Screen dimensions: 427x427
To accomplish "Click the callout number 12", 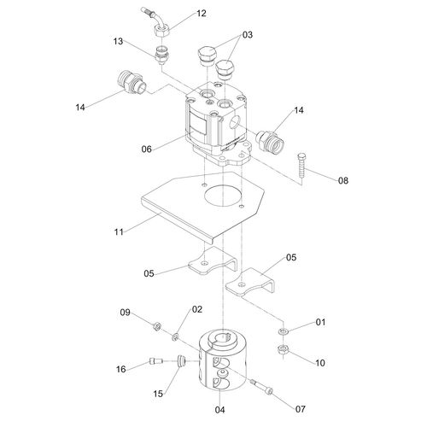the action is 202,14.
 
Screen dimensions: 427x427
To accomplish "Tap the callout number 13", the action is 118,41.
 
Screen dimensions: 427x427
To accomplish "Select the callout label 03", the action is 248,35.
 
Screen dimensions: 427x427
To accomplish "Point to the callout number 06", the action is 147,149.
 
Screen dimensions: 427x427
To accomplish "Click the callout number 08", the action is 343,180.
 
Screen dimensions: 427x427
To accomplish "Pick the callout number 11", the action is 119,232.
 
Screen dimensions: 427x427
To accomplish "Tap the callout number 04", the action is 219,410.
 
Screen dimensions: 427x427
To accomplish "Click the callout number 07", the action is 301,409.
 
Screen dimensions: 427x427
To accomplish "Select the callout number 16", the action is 121,369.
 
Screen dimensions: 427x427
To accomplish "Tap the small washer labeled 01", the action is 284,331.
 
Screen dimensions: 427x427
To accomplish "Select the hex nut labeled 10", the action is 283,349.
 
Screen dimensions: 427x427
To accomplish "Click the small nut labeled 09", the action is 156,326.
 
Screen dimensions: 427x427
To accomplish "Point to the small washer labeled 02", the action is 175,337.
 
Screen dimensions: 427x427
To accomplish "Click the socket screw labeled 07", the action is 261,387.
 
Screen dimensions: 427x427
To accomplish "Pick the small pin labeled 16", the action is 156,361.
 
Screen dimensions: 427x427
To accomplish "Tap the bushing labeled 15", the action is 181,361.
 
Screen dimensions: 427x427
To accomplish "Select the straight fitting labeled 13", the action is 163,53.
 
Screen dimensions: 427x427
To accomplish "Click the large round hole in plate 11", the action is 224,196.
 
